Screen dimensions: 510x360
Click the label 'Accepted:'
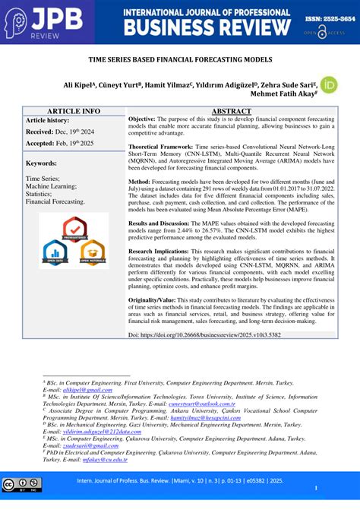43,143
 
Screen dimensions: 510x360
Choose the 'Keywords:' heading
42,163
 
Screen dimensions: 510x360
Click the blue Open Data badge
55,252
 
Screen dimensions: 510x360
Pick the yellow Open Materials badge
92,252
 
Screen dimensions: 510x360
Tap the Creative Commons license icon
21,485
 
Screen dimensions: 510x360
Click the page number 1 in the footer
315,488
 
